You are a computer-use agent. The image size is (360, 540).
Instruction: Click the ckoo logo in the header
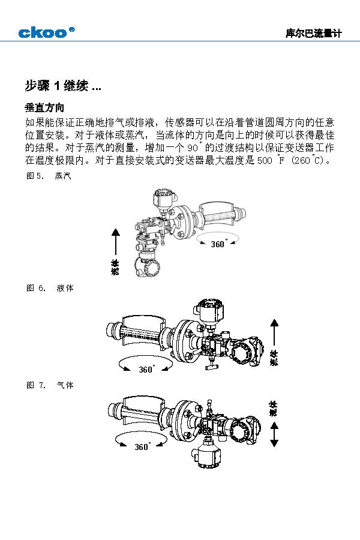point(46,32)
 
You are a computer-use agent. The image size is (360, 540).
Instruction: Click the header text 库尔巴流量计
point(313,34)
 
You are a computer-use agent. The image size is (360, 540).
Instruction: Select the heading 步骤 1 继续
point(62,86)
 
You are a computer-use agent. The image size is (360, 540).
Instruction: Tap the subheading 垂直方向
point(44,108)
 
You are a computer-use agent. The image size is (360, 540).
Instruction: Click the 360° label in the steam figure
point(218,244)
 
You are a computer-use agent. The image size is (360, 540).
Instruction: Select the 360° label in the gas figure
point(142,447)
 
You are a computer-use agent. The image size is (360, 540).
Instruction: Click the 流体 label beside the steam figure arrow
point(115,268)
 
